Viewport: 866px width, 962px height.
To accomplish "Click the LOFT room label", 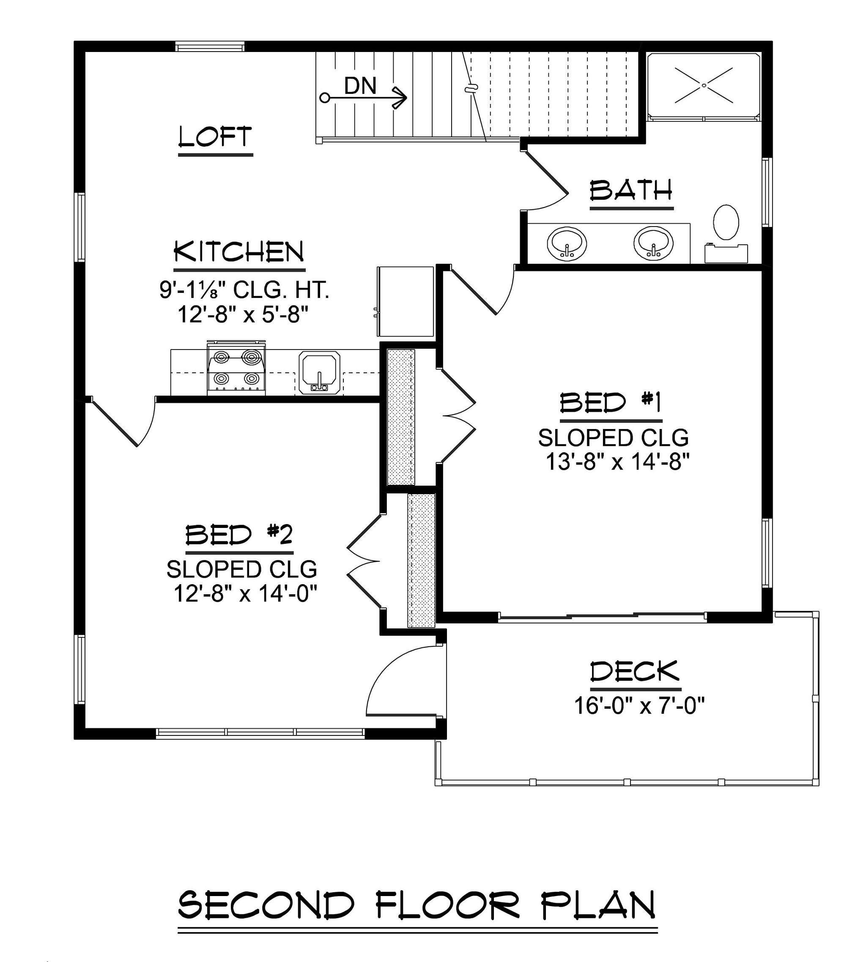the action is pos(215,137).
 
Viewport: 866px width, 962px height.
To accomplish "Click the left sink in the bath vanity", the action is pos(567,243).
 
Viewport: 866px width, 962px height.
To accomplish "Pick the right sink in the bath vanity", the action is pos(653,243).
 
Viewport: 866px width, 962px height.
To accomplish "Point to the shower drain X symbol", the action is pos(704,86).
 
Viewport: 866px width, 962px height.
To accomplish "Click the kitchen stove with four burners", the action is pos(236,367).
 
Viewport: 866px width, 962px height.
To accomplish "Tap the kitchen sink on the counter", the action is pos(319,373).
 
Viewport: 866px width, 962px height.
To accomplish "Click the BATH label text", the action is pos(631,190).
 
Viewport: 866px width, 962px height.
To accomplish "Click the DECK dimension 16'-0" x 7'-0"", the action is pos(639,706).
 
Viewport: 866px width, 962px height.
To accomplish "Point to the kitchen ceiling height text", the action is pos(244,290).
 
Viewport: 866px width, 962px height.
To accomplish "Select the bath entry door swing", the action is pos(546,181).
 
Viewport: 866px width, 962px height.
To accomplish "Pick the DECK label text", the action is pos(635,672).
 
